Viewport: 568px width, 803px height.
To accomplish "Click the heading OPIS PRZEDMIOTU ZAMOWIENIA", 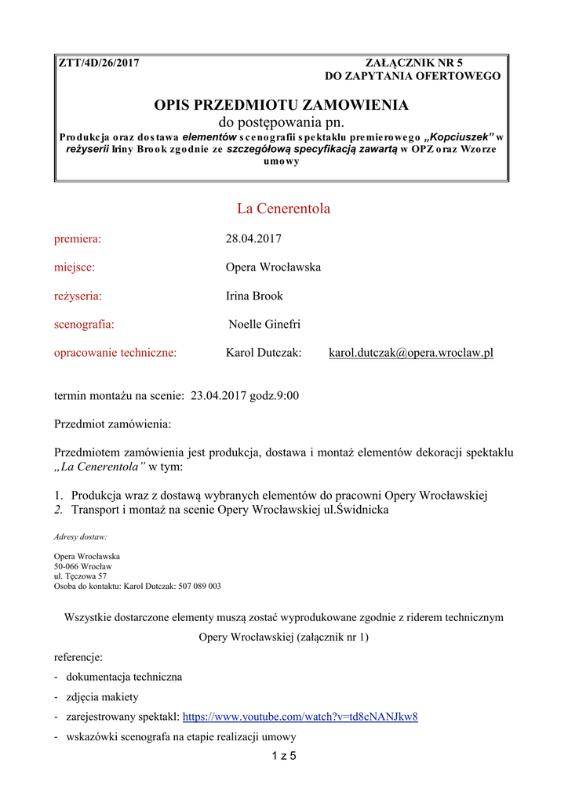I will pos(282,105).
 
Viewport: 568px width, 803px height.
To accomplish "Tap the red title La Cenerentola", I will pos(283,209).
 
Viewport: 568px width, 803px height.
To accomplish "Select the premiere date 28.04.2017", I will pos(253,238).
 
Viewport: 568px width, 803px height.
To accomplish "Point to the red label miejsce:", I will pos(75,267).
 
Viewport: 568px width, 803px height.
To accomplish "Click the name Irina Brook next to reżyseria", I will pos(254,296).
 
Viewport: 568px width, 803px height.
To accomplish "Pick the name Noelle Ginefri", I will pos(264,325).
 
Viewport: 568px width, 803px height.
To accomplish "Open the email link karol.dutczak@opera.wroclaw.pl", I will pos(410,353).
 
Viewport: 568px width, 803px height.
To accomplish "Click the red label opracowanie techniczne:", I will pos(115,353).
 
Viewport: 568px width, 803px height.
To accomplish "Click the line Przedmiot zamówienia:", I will pos(112,424).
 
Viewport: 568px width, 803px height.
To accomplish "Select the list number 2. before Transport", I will pos(59,510).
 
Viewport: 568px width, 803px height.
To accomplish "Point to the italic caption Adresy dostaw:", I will pos(81,537).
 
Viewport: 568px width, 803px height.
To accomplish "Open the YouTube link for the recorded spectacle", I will pos(300,716).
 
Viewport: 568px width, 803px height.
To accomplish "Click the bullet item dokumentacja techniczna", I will pos(124,676).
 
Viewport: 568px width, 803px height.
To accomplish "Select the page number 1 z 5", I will pos(283,757).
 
